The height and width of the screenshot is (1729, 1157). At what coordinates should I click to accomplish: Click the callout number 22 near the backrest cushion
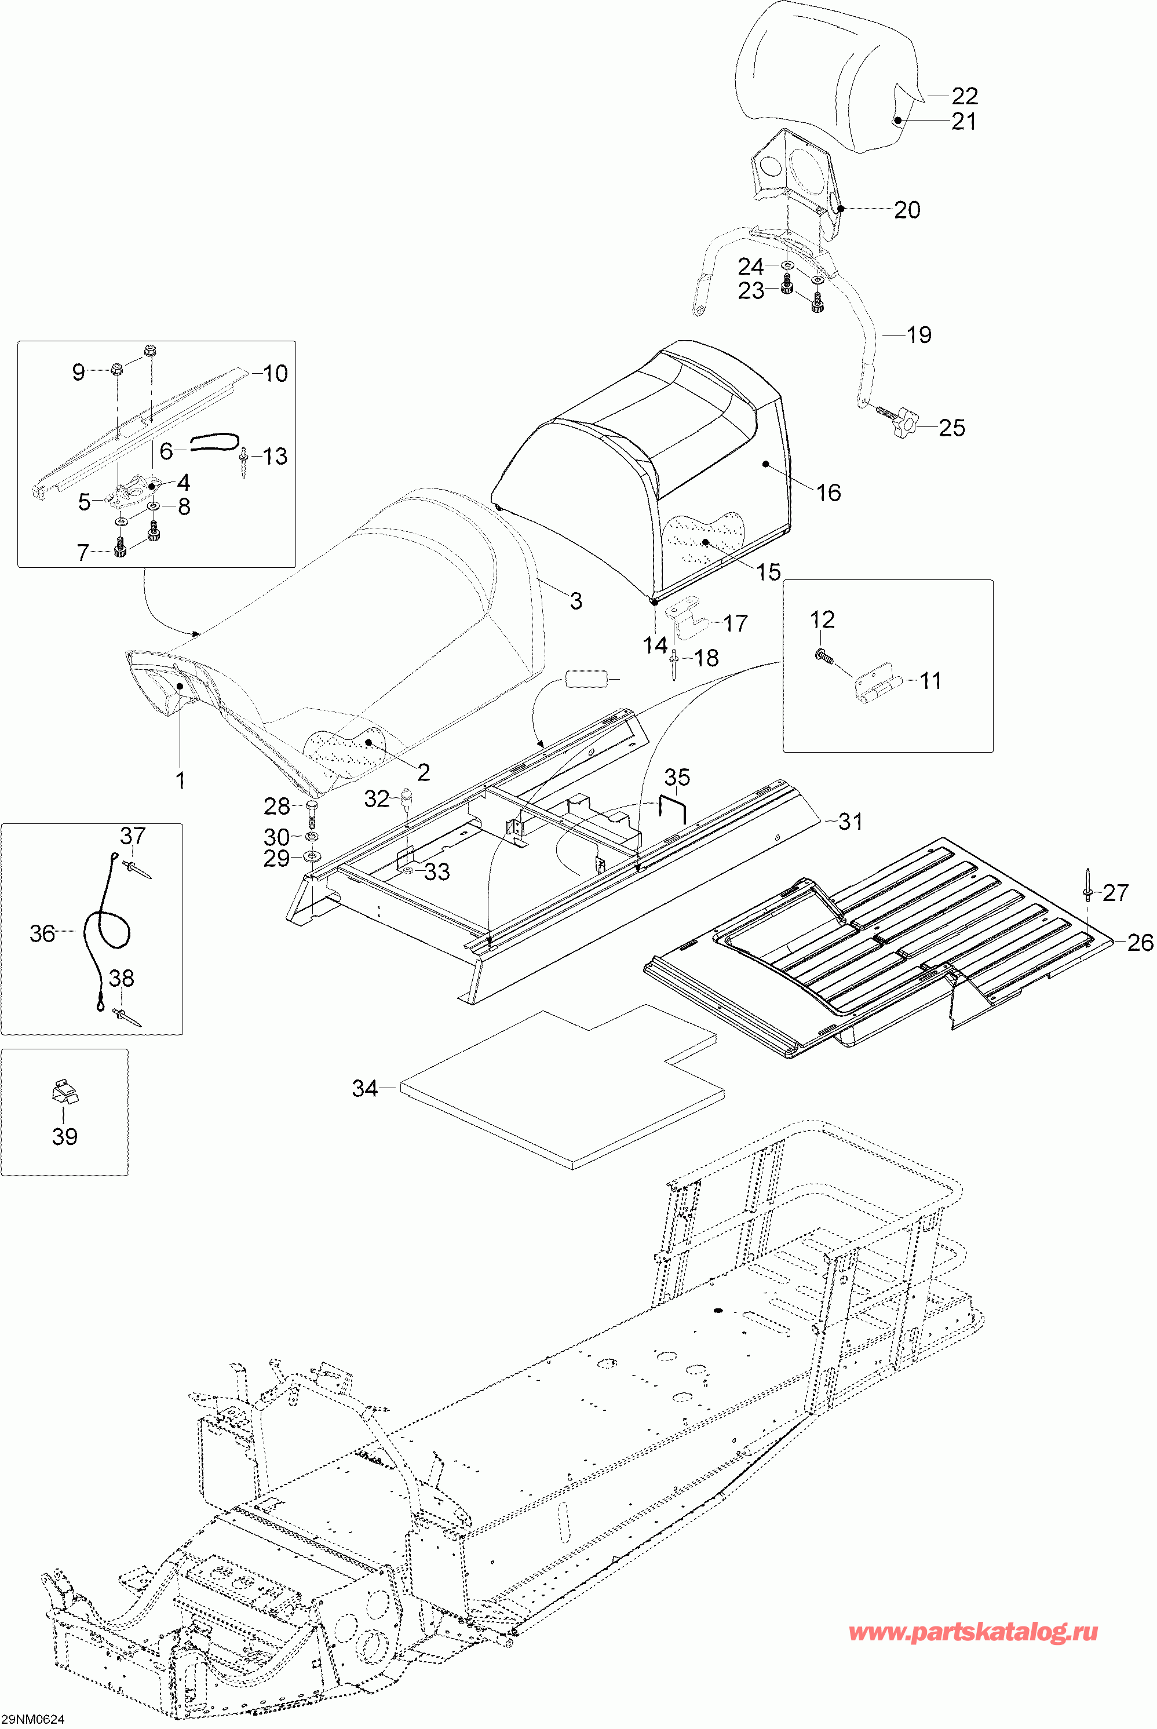(x=965, y=96)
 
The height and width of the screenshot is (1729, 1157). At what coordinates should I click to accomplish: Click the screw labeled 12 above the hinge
(x=823, y=655)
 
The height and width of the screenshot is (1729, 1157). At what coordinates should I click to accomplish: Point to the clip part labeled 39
(x=65, y=1090)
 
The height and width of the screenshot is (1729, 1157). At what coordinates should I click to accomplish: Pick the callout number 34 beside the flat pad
(x=364, y=1089)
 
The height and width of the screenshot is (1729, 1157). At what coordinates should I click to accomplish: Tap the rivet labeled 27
(x=1089, y=885)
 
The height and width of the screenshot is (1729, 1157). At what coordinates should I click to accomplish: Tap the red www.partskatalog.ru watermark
(x=973, y=1633)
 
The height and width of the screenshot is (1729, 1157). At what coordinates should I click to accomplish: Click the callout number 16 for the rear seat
(x=828, y=493)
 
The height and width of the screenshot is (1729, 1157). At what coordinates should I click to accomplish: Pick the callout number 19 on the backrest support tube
(x=919, y=335)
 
